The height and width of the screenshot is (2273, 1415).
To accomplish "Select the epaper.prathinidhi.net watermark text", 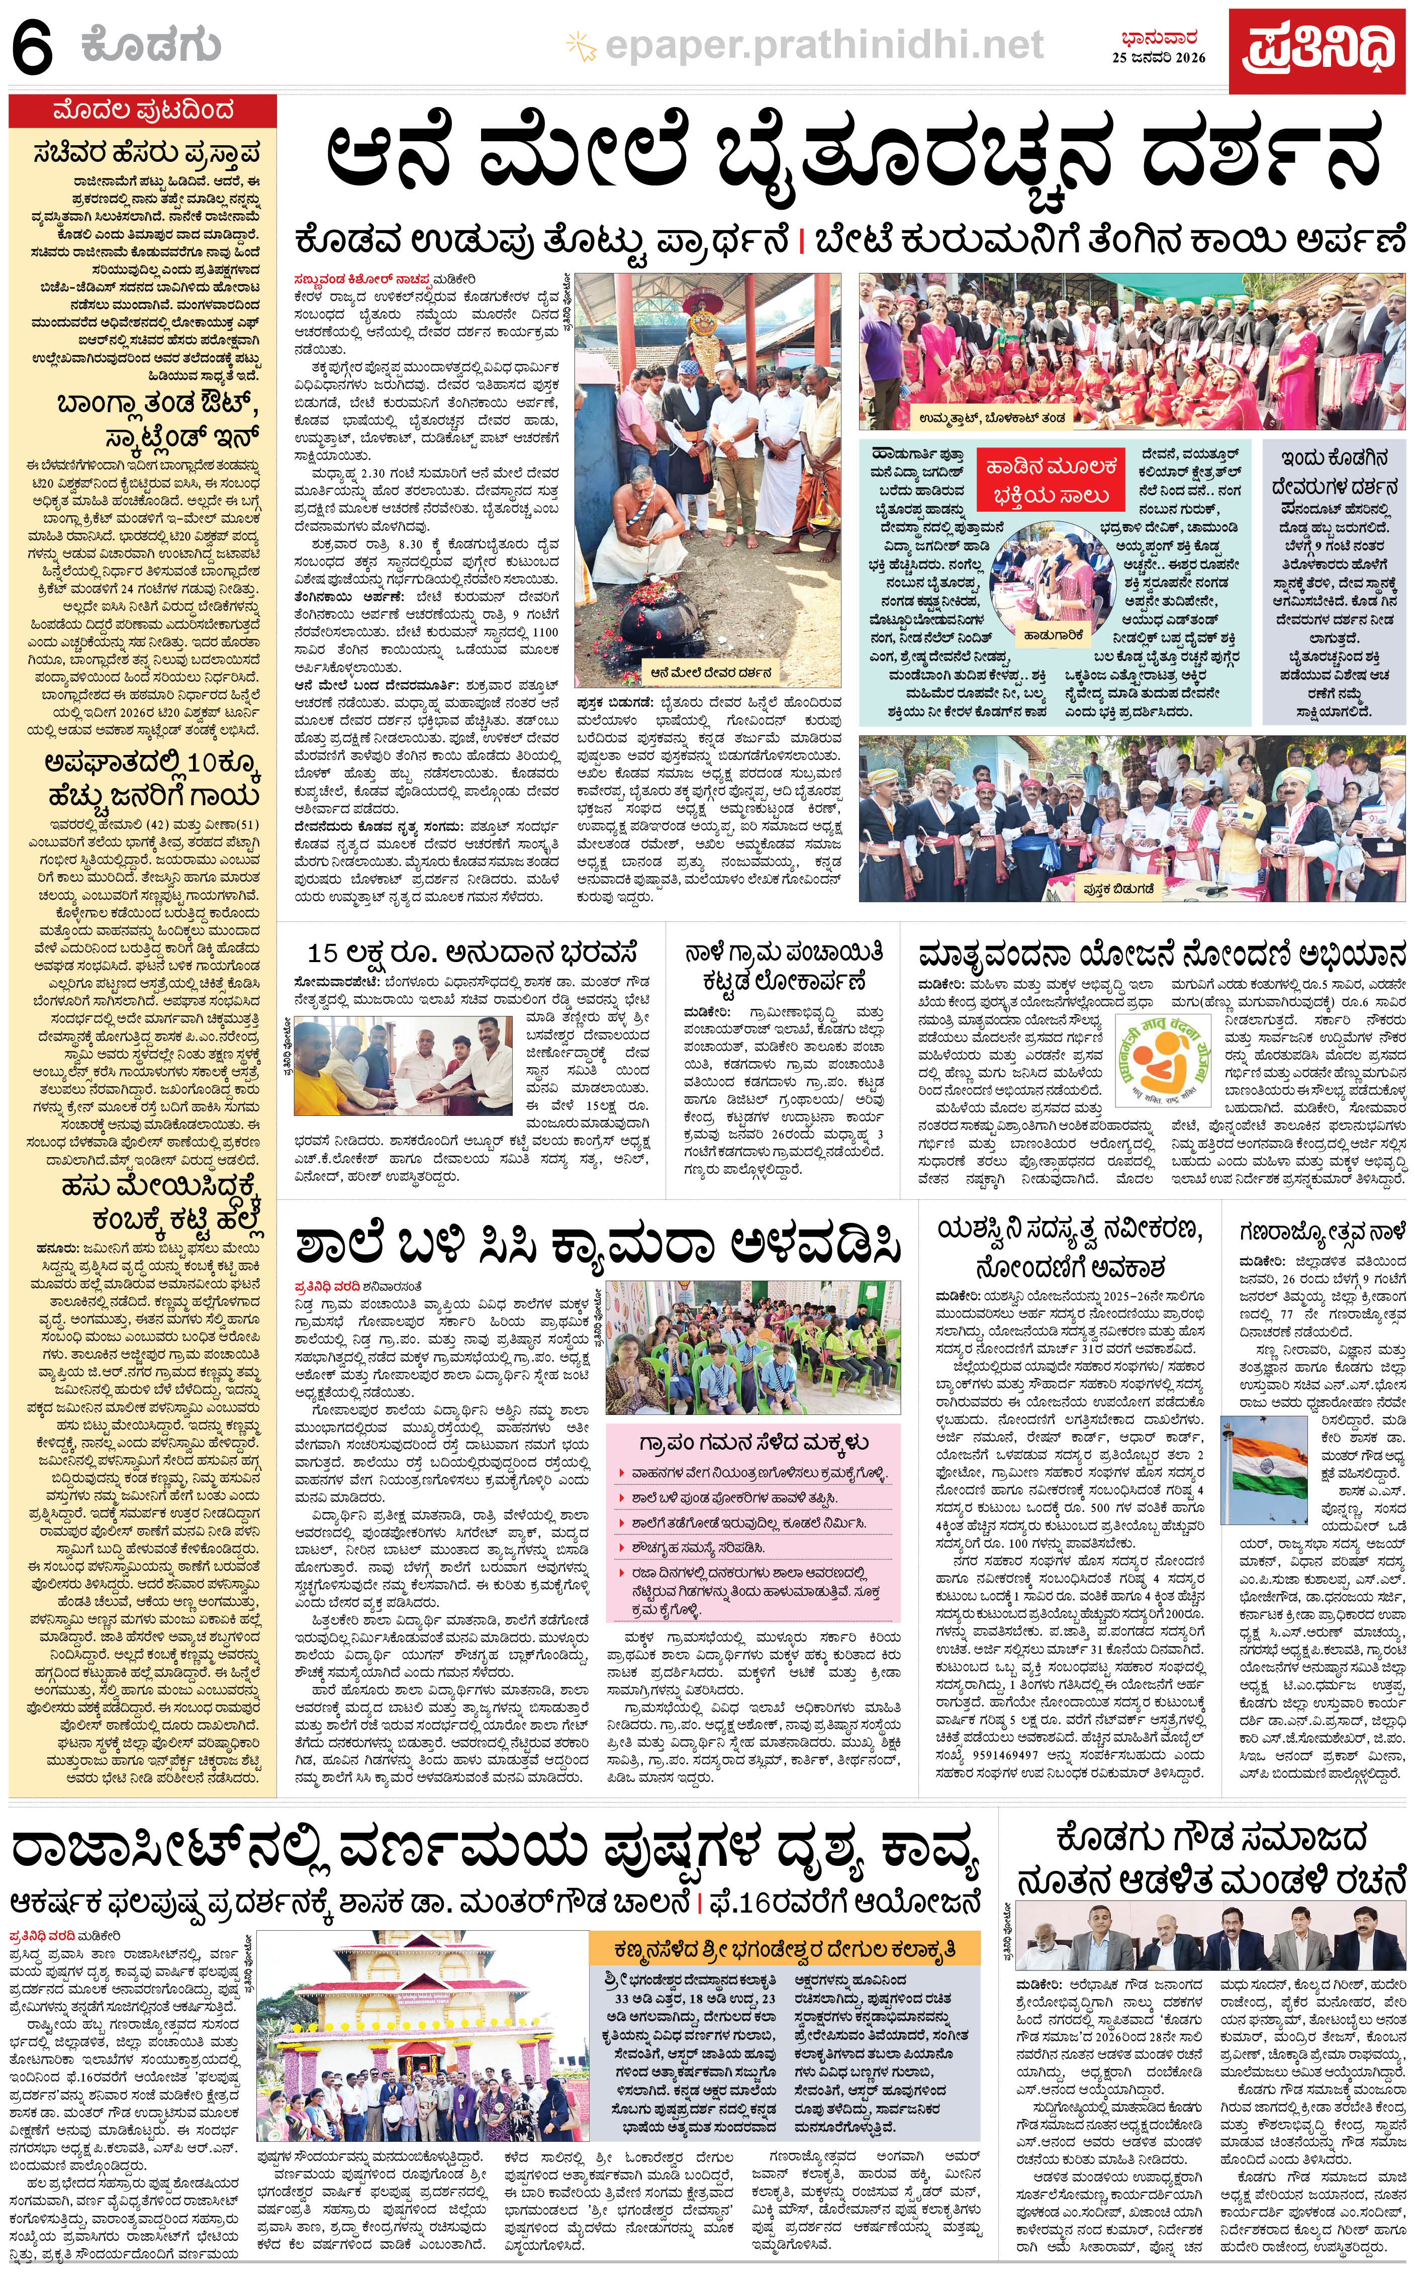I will pos(823,44).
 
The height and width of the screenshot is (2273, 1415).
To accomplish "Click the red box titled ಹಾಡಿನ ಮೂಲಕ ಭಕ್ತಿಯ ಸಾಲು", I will pos(1049,480).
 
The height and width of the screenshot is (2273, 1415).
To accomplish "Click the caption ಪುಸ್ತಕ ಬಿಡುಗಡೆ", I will pos(1119,887).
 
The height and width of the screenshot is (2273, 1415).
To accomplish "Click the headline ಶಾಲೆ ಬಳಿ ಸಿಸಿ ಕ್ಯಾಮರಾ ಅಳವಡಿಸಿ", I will pos(599,1246).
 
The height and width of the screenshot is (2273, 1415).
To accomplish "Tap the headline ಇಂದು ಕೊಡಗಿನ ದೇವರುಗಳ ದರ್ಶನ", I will pos(1334,472).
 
